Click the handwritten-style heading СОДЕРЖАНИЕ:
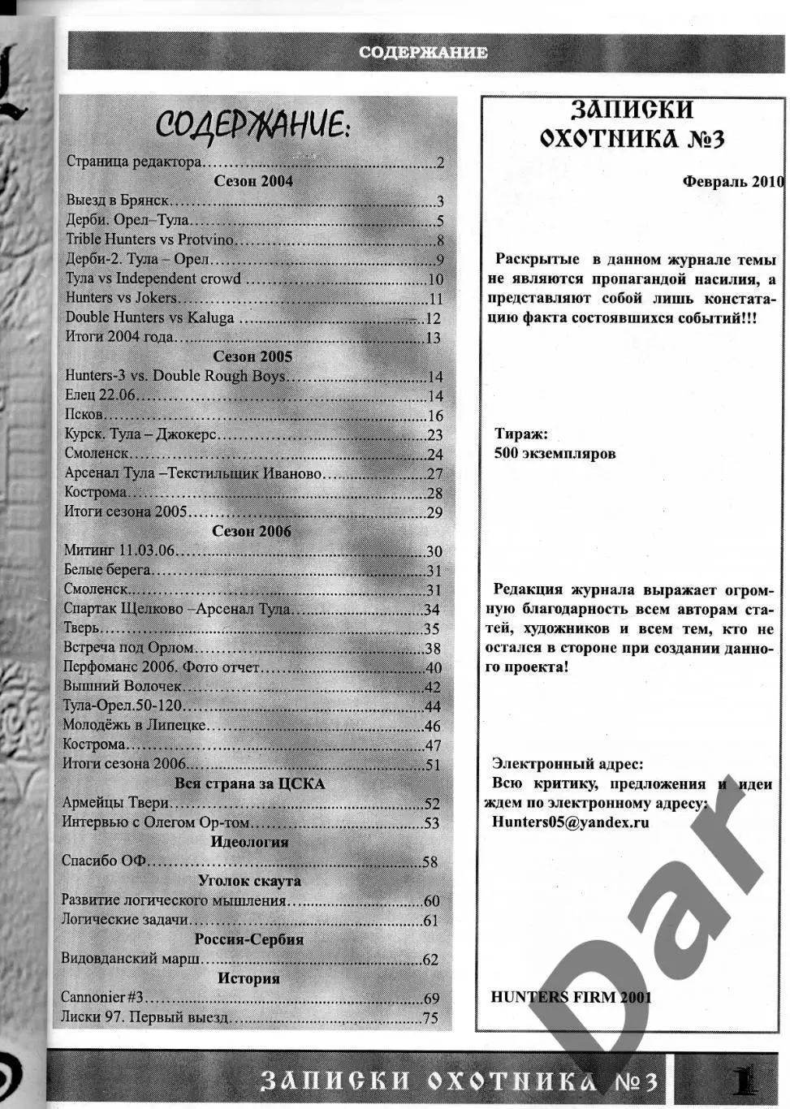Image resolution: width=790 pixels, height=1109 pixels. tap(253, 126)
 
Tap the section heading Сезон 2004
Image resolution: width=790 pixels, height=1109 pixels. tap(253, 181)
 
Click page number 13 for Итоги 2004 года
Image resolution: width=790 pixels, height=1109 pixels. tap(433, 338)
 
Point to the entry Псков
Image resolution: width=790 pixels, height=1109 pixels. tap(84, 415)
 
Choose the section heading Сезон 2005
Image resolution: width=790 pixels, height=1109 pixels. tap(253, 356)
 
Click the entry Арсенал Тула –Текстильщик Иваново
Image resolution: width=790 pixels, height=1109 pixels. tap(193, 473)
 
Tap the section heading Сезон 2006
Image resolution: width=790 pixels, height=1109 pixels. tap(252, 532)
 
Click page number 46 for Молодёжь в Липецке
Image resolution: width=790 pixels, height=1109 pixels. tap(432, 727)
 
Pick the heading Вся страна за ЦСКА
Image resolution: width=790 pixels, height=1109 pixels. tap(249, 783)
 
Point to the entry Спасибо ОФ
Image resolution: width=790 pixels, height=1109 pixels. tap(103, 861)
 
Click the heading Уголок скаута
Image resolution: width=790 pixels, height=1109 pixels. tap(249, 881)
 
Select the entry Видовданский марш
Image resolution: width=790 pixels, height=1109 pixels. tap(132, 959)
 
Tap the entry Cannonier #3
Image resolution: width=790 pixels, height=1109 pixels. tap(102, 997)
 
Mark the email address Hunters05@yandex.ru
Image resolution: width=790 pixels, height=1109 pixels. tap(571, 822)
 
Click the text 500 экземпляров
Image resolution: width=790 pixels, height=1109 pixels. tap(555, 453)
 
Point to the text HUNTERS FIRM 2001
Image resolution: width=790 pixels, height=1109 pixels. tap(571, 997)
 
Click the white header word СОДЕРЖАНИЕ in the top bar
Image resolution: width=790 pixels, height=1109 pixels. tap(423, 53)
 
